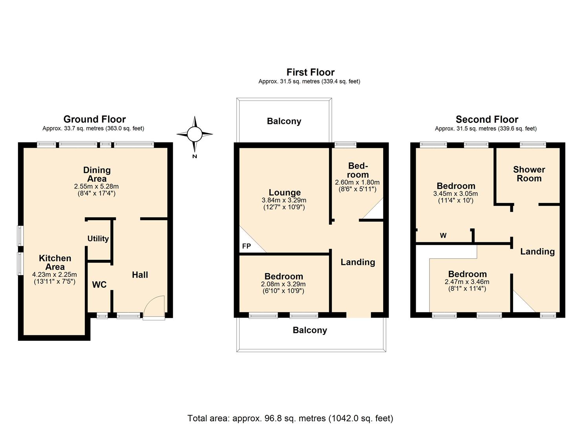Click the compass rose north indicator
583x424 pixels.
(x=194, y=135)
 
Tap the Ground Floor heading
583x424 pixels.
(x=95, y=119)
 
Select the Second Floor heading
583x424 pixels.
(x=487, y=119)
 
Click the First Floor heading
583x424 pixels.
(x=310, y=72)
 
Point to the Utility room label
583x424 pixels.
(x=98, y=239)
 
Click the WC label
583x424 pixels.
(x=99, y=285)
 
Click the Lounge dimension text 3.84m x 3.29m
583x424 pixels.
(x=284, y=200)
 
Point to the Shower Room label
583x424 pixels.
(x=529, y=174)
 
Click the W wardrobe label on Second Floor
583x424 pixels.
(x=443, y=236)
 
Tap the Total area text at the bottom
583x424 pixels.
(x=290, y=418)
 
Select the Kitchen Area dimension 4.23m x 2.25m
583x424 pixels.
(x=55, y=274)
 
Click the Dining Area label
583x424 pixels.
(x=97, y=174)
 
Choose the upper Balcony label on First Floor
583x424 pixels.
(x=284, y=121)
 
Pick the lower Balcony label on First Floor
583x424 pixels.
(x=310, y=330)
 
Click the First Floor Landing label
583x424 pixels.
(x=358, y=262)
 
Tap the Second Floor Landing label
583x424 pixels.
(x=537, y=252)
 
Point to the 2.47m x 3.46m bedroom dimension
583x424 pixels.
(x=467, y=282)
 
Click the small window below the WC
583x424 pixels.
(x=102, y=315)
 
